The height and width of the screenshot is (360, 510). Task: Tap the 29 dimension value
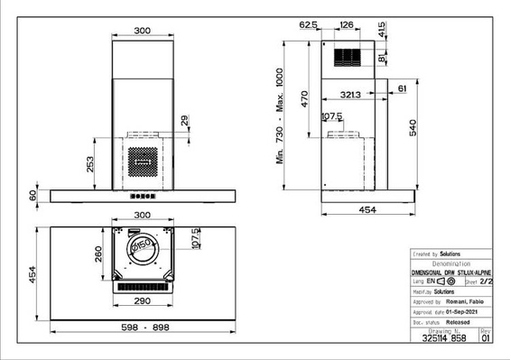185,120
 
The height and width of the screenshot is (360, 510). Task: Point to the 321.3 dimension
351,94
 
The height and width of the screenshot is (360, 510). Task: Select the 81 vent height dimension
382,58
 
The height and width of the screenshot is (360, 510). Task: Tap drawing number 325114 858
445,338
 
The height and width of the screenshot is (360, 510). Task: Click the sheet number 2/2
486,282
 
